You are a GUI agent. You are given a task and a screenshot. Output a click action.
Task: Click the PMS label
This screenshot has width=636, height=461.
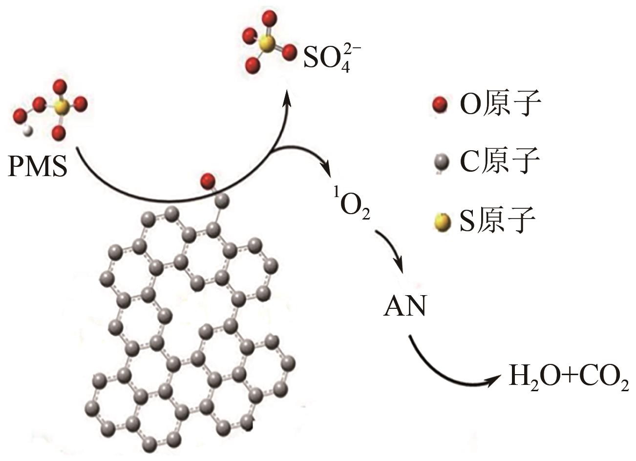tap(38, 167)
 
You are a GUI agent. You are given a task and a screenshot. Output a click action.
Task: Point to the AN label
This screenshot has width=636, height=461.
tap(405, 307)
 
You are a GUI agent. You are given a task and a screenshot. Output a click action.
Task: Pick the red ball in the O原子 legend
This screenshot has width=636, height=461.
tap(440, 104)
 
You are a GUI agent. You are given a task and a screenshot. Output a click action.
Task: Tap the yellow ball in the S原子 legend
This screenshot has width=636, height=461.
tap(441, 221)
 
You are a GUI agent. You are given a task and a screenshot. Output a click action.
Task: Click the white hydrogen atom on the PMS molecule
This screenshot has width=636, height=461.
tap(29, 130)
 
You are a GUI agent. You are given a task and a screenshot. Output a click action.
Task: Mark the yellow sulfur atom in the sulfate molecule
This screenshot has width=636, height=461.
tap(267, 45)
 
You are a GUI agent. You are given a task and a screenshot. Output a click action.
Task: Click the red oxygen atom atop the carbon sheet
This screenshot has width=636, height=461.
tap(208, 180)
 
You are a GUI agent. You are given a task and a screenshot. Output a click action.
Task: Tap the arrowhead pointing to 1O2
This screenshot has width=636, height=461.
tap(326, 172)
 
